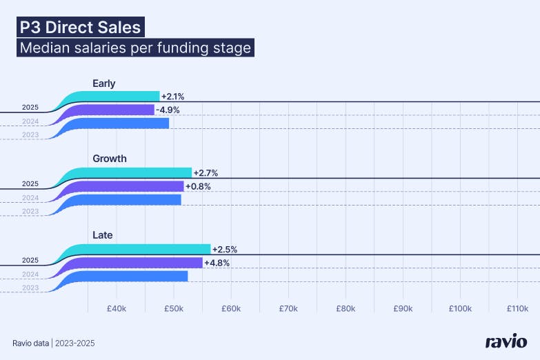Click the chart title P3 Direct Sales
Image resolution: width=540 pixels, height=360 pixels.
81,28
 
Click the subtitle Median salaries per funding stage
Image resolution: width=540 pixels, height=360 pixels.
135,48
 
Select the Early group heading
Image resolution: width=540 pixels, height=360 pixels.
104,83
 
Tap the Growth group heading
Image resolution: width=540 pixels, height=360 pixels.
110,159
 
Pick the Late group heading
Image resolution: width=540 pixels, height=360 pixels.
103,235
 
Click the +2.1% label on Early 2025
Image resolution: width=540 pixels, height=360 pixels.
172,97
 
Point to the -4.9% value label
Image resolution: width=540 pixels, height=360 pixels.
167,110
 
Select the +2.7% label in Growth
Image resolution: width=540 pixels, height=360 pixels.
206,172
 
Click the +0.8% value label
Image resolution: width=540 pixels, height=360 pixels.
198,186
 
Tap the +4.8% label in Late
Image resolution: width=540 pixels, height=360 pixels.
217,263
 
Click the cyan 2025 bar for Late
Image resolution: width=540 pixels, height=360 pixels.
145,249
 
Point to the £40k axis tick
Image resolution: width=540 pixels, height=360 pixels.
116,308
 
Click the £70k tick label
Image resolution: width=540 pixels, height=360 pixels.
288,308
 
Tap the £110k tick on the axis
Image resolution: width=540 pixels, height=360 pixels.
517,308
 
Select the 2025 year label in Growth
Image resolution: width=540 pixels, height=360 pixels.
30,184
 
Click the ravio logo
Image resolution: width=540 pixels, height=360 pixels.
506,342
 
